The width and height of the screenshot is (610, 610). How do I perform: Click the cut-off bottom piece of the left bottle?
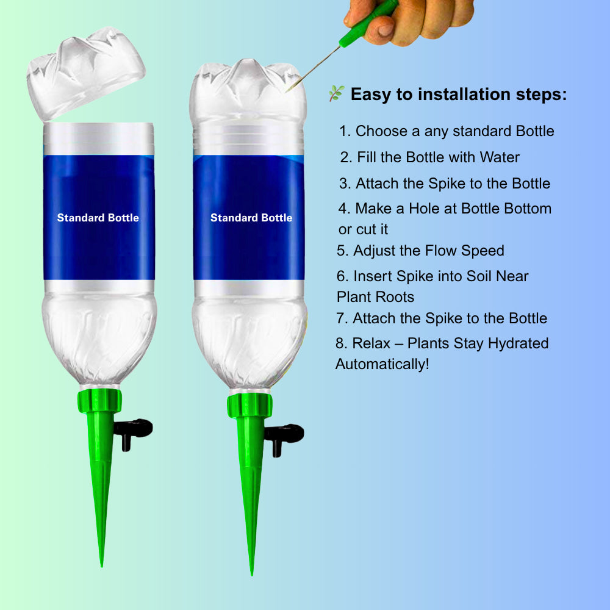click(86, 70)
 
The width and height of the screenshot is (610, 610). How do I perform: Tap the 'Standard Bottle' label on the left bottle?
click(98, 218)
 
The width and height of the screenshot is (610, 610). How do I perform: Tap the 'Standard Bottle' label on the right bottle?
click(251, 218)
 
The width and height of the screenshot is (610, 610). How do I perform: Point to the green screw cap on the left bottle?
click(99, 400)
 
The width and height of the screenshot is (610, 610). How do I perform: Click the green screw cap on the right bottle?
click(249, 406)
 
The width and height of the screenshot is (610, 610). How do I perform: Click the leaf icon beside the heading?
click(336, 94)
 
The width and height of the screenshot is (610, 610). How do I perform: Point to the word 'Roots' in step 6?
click(393, 297)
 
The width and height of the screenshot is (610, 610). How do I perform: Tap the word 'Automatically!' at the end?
click(382, 364)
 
